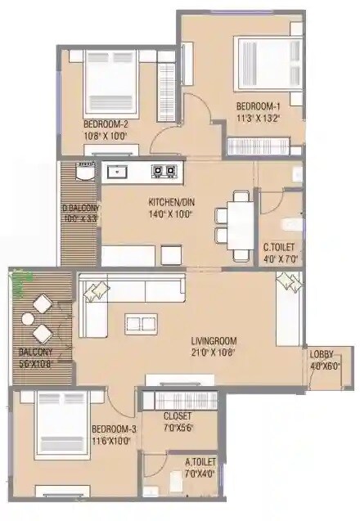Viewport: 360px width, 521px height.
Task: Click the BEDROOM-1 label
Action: (x=259, y=106)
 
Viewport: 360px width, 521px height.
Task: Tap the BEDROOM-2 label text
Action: (x=105, y=124)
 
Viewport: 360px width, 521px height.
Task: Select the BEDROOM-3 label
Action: (x=112, y=429)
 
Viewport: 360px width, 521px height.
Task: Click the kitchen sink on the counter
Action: (x=119, y=172)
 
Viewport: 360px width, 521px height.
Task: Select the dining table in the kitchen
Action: (x=239, y=219)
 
